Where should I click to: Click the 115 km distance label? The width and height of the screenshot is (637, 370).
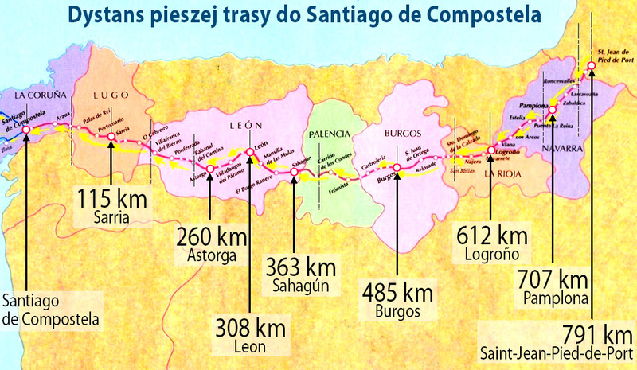[x=111, y=196]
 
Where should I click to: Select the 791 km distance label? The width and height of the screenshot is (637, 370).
[x=590, y=332]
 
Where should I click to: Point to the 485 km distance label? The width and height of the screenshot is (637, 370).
[x=397, y=288]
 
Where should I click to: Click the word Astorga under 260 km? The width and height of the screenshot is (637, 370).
[x=209, y=256]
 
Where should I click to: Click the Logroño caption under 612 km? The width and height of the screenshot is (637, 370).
[x=490, y=255]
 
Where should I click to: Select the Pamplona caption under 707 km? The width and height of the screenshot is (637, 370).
[x=555, y=298]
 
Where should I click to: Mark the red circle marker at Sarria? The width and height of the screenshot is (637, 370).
[x=111, y=136]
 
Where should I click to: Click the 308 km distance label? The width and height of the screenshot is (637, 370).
[x=250, y=328]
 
